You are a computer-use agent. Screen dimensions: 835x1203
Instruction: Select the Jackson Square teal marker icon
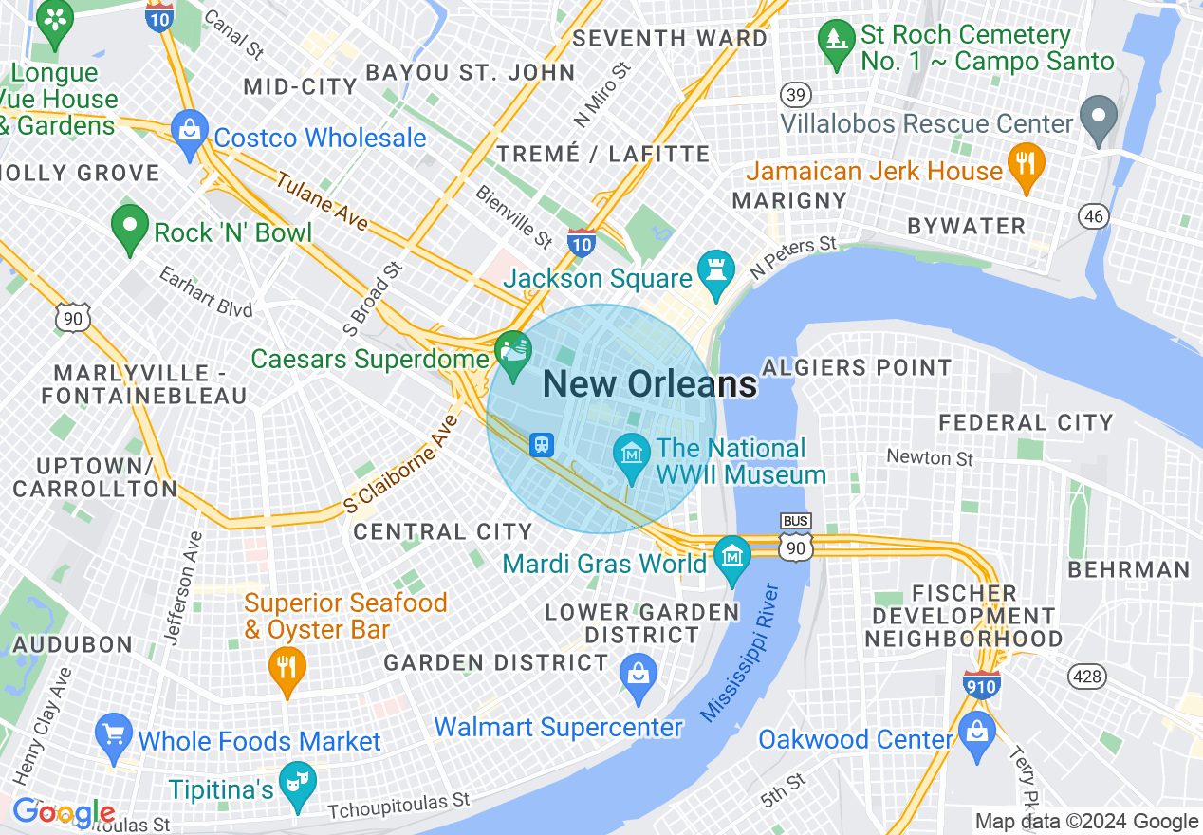tap(714, 270)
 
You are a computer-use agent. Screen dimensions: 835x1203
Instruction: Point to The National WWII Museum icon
tap(631, 452)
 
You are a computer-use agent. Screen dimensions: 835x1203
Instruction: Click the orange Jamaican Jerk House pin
tap(1026, 165)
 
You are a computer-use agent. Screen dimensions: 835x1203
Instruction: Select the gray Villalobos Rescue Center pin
tap(1099, 120)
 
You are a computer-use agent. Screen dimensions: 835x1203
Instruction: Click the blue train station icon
tap(542, 444)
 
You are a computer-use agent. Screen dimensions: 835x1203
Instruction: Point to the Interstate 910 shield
tap(980, 684)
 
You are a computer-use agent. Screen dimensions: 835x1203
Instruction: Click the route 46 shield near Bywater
tap(1095, 216)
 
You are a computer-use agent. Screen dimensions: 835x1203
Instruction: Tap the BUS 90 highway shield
tap(795, 538)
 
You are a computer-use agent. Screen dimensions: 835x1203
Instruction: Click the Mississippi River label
tap(740, 654)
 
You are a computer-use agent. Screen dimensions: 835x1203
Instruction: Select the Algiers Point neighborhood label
tap(857, 367)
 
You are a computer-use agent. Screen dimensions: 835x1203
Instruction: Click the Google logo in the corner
tap(64, 813)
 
